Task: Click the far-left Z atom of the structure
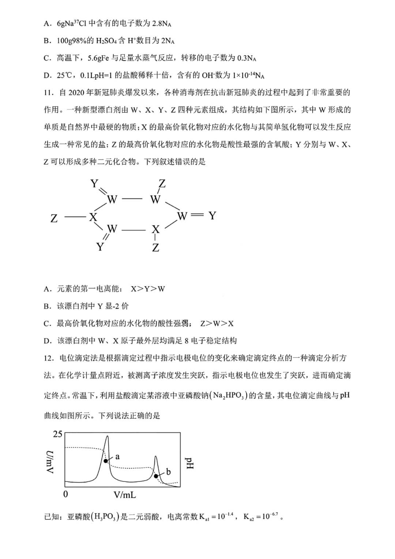[54, 218]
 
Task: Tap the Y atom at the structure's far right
[212, 216]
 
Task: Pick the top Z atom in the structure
[162, 184]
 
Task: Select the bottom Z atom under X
[156, 248]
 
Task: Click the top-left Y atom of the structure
[94, 184]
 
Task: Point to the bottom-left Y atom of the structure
[100, 247]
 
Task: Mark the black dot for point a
[106, 461]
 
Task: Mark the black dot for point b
[156, 476]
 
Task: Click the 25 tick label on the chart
[57, 434]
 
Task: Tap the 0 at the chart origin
[65, 494]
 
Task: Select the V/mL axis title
[124, 495]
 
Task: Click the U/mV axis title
[50, 462]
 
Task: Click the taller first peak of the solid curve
[107, 437]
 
